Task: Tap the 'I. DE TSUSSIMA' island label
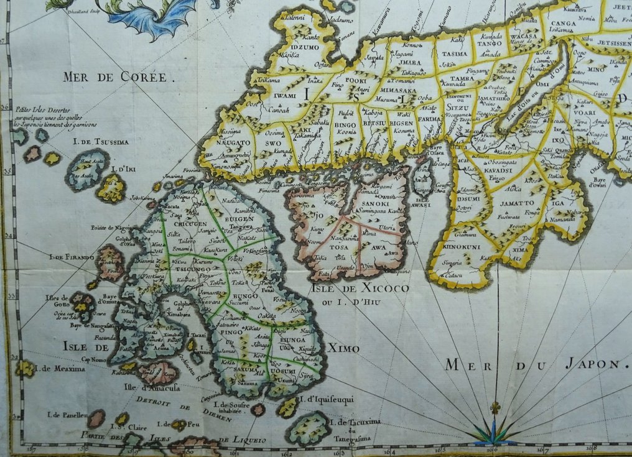(x=101, y=142)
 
